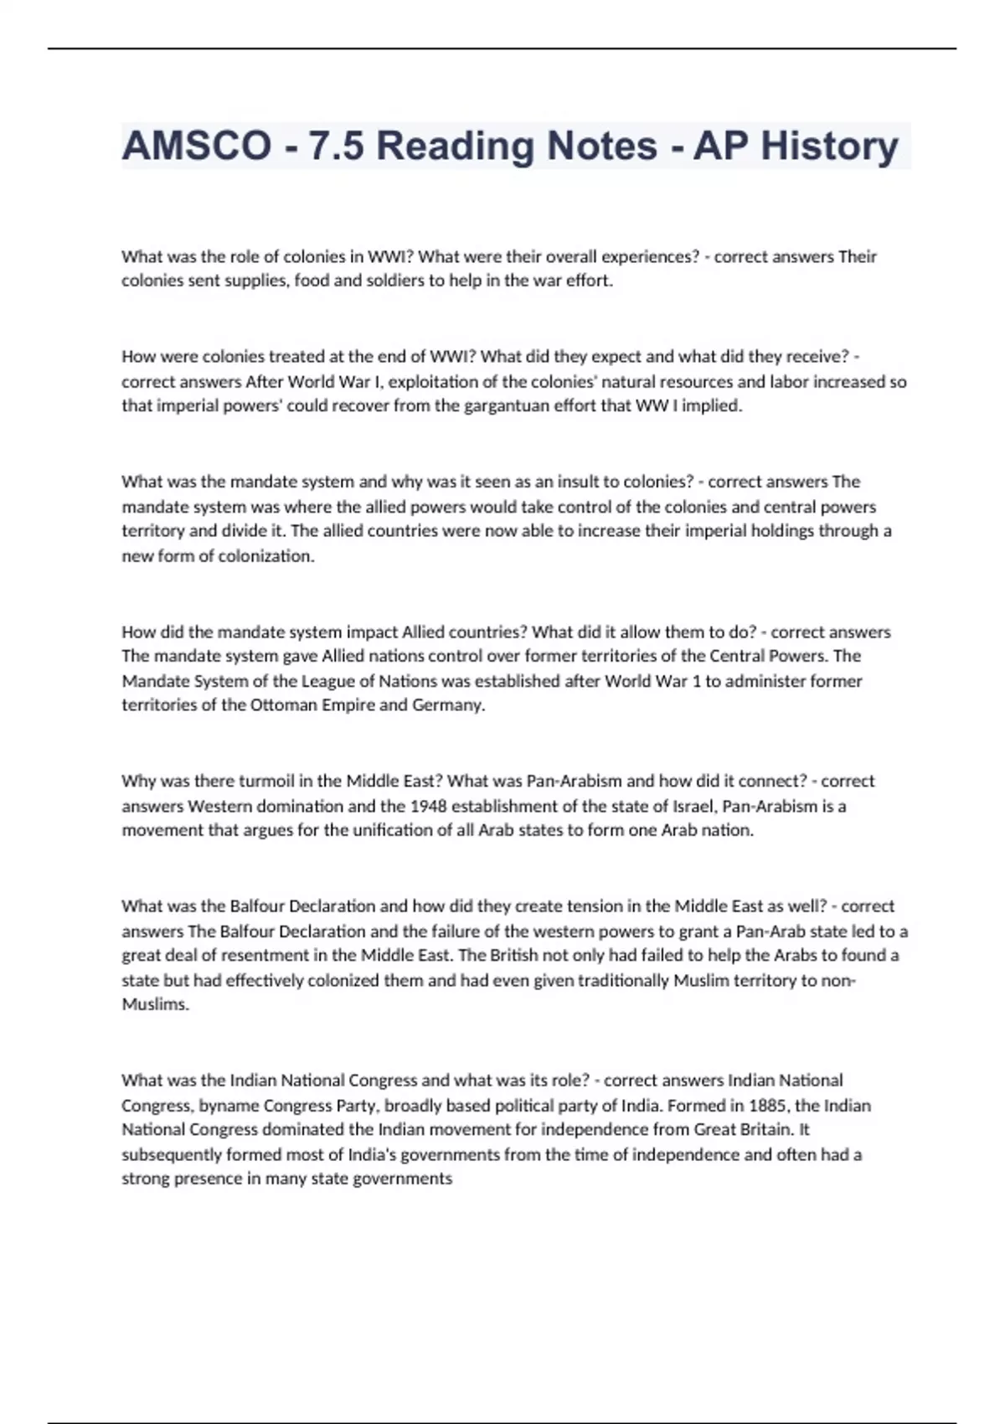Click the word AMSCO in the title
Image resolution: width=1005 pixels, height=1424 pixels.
pyautogui.click(x=196, y=146)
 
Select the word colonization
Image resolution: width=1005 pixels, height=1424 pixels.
pyautogui.click(x=265, y=556)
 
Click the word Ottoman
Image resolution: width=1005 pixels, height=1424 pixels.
pyautogui.click(x=281, y=705)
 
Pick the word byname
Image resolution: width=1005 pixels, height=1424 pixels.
pyautogui.click(x=226, y=1106)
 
